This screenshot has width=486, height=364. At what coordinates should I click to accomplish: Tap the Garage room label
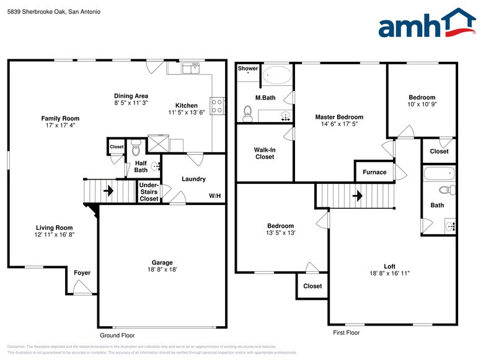click(162, 262)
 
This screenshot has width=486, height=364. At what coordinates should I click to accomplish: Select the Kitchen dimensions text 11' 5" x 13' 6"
click(187, 113)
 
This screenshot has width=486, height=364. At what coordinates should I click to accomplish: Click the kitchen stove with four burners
click(217, 106)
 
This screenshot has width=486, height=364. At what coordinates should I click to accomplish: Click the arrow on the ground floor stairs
click(108, 191)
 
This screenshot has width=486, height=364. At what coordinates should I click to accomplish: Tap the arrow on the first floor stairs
click(357, 196)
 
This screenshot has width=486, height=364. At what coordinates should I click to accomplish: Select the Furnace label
click(374, 172)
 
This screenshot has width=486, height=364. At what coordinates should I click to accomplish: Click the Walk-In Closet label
click(264, 153)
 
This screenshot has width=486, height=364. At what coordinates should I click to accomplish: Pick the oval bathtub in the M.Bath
click(276, 77)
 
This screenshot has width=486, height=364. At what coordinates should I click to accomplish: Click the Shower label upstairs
click(248, 69)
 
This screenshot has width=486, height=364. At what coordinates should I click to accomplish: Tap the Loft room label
click(389, 266)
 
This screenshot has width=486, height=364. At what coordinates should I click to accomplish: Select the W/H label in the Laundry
click(214, 196)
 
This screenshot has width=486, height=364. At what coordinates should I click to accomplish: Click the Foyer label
click(82, 273)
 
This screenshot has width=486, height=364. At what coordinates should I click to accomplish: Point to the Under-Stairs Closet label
click(149, 192)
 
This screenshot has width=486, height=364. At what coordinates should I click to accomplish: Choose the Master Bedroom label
click(339, 117)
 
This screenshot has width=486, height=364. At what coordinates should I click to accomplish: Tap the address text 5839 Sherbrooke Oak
click(37, 11)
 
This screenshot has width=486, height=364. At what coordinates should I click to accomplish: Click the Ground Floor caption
click(117, 336)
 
